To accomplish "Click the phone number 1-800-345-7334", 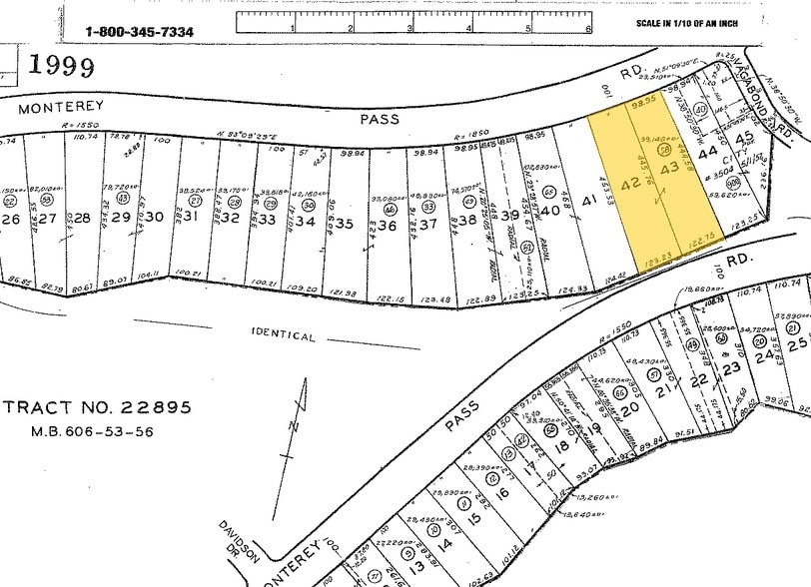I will tap(140, 32).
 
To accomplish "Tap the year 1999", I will tap(62, 67).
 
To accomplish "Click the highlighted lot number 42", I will tap(630, 186).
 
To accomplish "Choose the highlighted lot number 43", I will tap(669, 170).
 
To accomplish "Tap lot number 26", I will tap(11, 220).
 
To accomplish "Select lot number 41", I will tap(589, 201).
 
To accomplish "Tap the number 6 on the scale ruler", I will tap(588, 29).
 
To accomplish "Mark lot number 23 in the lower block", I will tap(732, 368).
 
